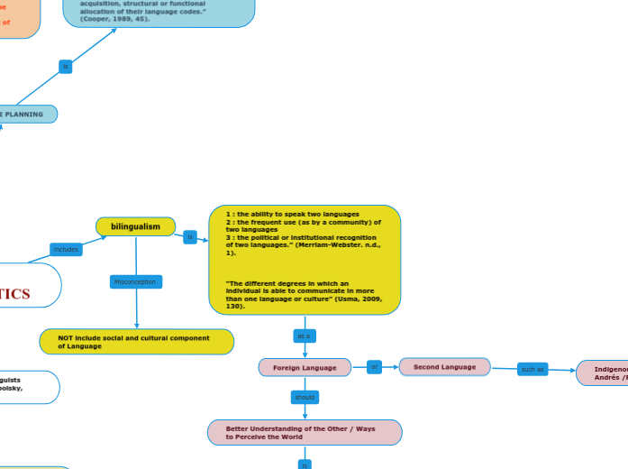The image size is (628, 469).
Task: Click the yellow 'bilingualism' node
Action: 135,225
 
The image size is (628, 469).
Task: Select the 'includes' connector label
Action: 66,249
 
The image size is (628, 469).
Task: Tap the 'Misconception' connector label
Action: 135,281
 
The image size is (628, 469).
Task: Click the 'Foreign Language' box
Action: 305,367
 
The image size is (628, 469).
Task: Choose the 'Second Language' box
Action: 444,367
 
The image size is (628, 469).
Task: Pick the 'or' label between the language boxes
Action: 375,366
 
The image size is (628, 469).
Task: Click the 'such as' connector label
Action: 532,369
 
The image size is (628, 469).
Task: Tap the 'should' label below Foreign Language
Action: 305,397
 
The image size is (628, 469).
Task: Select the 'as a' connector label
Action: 304,336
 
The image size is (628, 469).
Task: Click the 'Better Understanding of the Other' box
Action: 305,432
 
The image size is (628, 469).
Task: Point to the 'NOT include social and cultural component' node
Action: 137,342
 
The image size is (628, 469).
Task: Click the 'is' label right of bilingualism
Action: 189,237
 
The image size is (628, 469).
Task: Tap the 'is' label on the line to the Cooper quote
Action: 65,66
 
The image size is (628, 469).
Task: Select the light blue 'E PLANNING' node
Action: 27,115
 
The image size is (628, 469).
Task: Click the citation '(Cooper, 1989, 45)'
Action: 114,18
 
